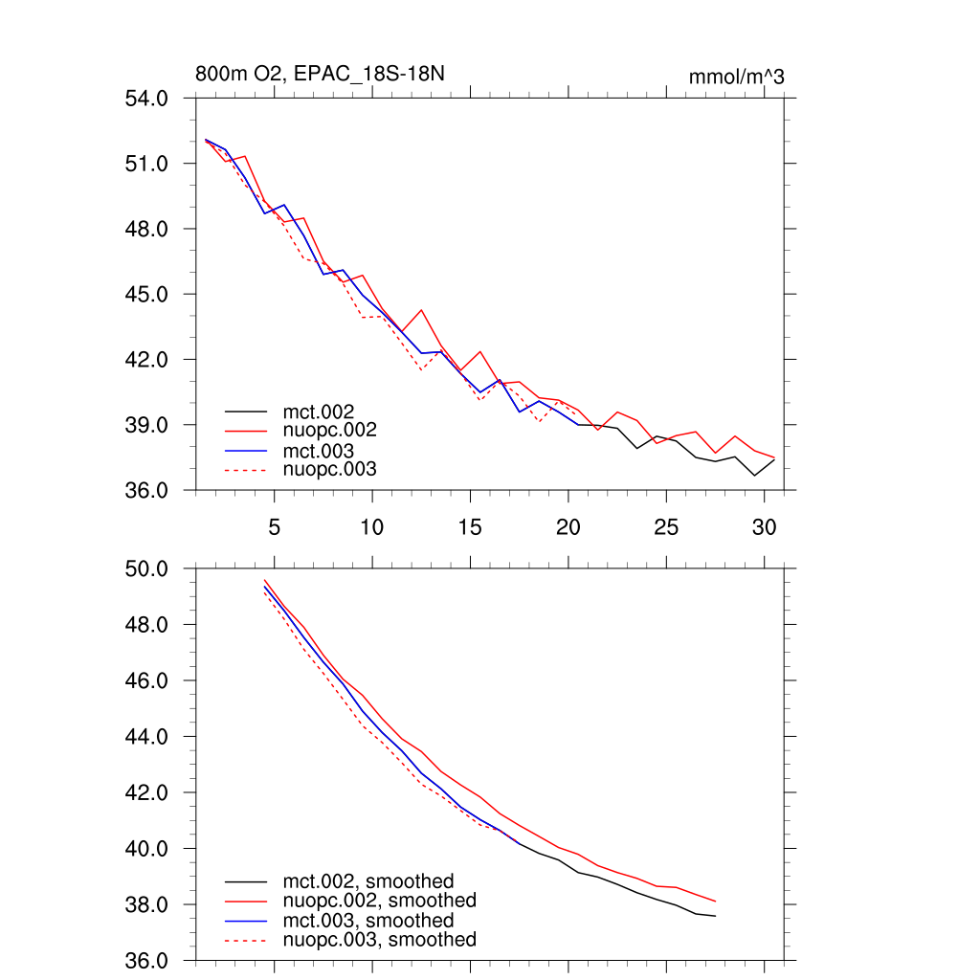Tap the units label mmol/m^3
[736, 77]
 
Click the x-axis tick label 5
[274, 527]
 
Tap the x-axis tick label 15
[470, 527]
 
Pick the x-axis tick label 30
[764, 527]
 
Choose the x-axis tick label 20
[568, 527]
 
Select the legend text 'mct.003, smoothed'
[368, 920]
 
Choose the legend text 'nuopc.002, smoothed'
[379, 901]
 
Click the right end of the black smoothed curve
[715, 916]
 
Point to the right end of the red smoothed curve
[715, 902]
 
